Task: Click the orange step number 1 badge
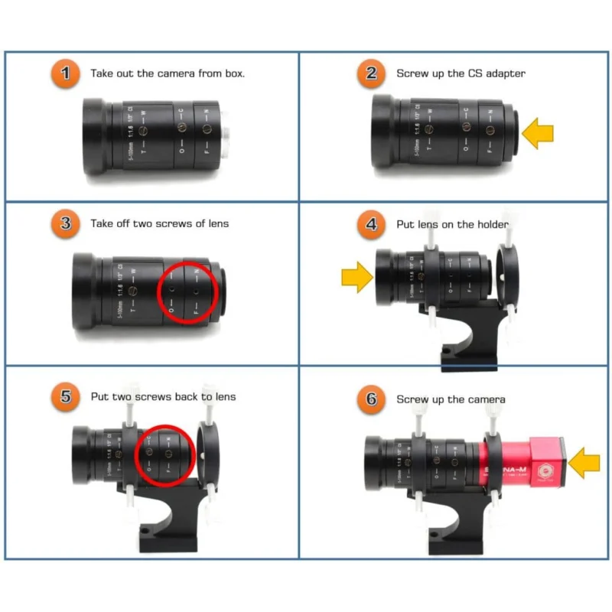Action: click(67, 73)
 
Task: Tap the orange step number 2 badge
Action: click(372, 73)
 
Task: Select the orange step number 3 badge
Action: click(67, 223)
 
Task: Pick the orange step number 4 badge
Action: click(372, 224)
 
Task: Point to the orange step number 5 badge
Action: click(67, 396)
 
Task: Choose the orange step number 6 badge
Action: click(372, 399)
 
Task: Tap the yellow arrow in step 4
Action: click(356, 277)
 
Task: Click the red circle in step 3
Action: click(187, 292)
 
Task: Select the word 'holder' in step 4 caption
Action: click(492, 224)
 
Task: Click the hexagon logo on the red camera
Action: click(545, 470)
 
